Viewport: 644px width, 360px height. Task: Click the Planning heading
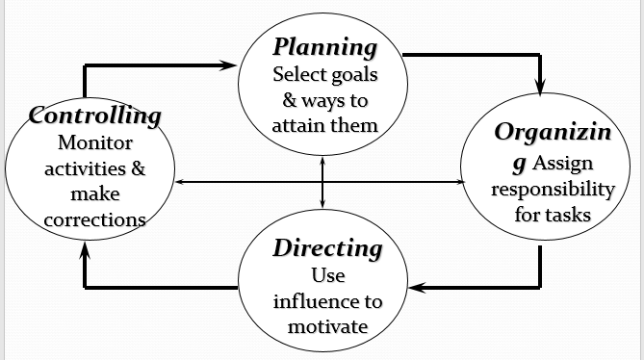pos(323,47)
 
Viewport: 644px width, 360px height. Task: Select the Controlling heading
pos(94,116)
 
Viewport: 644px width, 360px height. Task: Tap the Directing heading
pos(327,248)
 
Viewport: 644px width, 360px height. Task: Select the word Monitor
pos(95,143)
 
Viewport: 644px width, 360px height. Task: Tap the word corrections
pos(95,219)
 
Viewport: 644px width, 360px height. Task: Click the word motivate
pos(327,326)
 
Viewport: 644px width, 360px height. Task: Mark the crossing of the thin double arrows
pos(322,182)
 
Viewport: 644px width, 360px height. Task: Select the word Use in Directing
pos(327,275)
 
